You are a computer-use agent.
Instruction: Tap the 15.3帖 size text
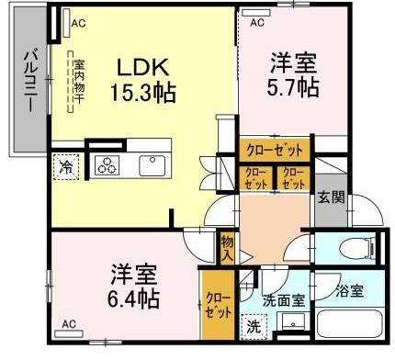coord(143,93)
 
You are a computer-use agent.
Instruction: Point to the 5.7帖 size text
coord(294,87)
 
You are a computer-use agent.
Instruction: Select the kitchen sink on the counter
coord(151,165)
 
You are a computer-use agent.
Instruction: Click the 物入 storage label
coord(227,245)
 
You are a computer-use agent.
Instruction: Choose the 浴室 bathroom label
coord(348,291)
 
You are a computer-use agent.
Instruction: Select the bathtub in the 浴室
coord(348,328)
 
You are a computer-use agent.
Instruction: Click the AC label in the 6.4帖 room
coord(69,323)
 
